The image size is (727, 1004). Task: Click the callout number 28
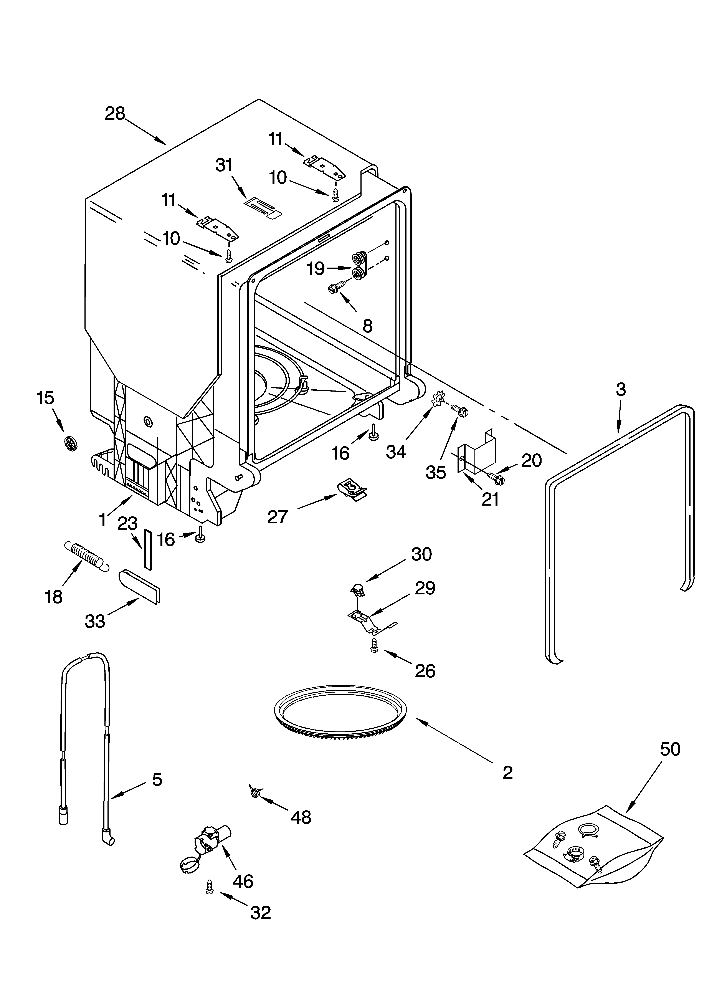tap(115, 114)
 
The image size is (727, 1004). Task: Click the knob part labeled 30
tap(359, 590)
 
